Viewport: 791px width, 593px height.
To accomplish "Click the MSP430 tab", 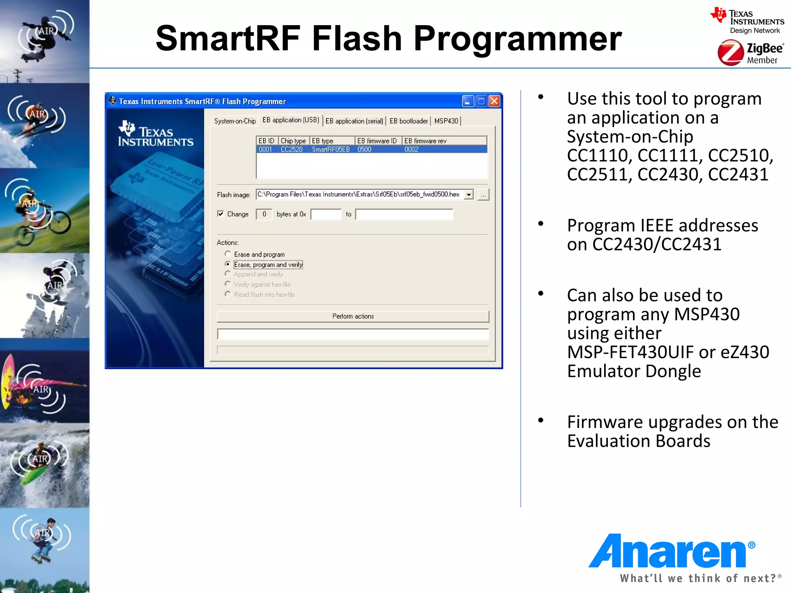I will tap(446, 121).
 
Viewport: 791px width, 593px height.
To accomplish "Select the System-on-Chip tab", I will tap(235, 121).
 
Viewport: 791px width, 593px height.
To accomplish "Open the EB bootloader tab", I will tap(409, 121).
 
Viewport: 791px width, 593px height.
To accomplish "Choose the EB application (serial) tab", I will tap(354, 121).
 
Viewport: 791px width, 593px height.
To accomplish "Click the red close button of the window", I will tap(494, 101).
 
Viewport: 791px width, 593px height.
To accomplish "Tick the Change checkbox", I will tap(221, 214).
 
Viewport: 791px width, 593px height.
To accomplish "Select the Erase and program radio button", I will tap(228, 254).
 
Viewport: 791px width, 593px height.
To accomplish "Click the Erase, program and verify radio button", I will tap(228, 264).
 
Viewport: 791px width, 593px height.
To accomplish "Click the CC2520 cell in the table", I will tap(292, 149).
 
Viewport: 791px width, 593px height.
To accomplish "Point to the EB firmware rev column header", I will tap(425, 141).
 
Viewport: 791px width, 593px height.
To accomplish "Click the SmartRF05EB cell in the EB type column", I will tap(331, 149).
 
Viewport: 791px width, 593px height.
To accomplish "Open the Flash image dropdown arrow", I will tap(468, 195).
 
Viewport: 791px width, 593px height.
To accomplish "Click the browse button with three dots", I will tap(483, 195).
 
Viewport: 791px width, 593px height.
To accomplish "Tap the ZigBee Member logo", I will tap(750, 54).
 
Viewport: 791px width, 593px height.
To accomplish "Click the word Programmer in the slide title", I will tap(518, 39).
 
